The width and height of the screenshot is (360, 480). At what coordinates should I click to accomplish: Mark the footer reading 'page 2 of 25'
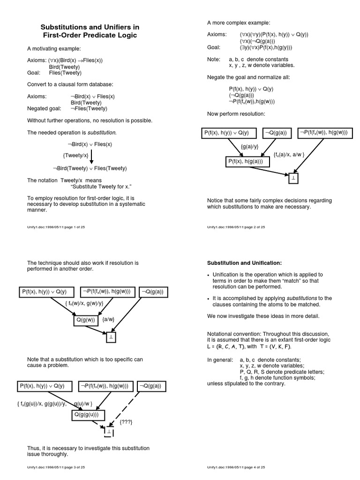pos(236,226)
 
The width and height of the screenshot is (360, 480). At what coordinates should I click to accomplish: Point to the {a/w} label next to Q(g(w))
pos(108,320)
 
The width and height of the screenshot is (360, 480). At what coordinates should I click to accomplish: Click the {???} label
pos(126,422)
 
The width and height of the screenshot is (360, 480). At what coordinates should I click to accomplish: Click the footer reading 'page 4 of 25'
pos(236,467)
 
